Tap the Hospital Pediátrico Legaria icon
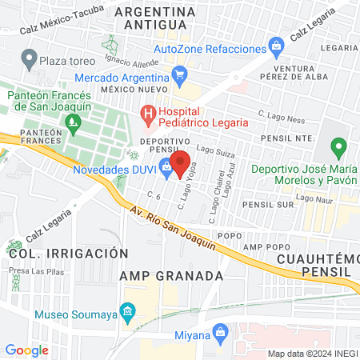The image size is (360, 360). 147,114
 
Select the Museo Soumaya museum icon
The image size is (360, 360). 127,310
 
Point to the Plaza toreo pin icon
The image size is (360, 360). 30,58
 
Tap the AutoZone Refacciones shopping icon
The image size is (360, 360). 277,46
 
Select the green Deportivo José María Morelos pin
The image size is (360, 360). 338,149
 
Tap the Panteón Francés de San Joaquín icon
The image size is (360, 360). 74,123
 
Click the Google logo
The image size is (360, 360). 26,350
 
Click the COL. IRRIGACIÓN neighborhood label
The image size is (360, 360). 69,253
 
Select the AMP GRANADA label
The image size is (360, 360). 170,275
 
